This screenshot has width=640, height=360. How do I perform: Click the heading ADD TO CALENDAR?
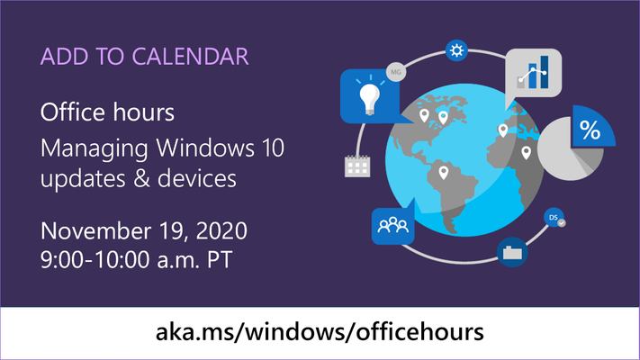click(145, 57)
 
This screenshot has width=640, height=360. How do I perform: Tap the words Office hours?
click(107, 112)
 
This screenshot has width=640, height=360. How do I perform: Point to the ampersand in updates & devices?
click(141, 179)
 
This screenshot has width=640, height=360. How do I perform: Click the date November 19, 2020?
click(144, 231)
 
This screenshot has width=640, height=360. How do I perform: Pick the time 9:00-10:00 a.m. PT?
click(136, 259)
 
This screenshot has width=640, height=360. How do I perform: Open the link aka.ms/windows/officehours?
click(320, 331)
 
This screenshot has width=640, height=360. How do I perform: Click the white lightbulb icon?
click(369, 98)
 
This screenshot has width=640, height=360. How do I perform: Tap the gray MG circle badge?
click(396, 72)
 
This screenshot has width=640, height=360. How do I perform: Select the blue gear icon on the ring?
click(456, 50)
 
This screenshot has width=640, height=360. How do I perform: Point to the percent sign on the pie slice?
click(590, 130)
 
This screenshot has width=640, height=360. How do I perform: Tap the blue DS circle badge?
click(554, 218)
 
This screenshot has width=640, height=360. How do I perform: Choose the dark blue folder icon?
click(512, 252)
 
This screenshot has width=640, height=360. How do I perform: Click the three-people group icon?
click(393, 225)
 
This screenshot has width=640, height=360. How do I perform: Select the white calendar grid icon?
click(357, 166)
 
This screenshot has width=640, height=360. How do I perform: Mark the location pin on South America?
click(443, 173)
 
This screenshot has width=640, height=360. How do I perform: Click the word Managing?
click(94, 149)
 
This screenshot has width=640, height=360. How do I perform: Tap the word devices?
click(197, 179)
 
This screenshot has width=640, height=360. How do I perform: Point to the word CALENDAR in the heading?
click(190, 57)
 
